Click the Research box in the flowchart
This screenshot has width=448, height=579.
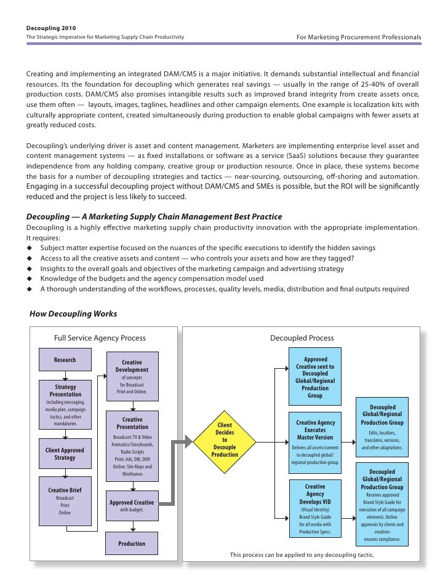(x=65, y=360)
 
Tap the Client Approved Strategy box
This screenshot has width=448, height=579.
(x=65, y=454)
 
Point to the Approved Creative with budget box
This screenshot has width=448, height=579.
(x=132, y=506)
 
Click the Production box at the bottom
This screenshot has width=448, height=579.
(x=132, y=543)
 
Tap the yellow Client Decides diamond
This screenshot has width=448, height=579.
(x=225, y=440)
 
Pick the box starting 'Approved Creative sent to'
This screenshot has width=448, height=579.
(x=315, y=376)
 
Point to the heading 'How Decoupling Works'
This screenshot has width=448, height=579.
(x=73, y=314)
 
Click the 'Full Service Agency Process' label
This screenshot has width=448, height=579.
(x=100, y=338)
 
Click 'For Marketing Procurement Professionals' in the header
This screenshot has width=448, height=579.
(x=359, y=37)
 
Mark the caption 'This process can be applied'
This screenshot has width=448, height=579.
(x=302, y=555)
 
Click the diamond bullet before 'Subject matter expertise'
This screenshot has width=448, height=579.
(x=29, y=248)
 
